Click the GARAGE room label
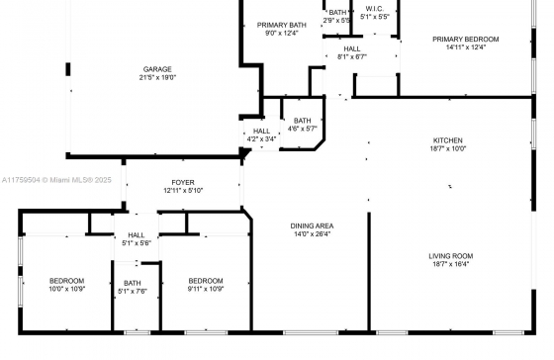click(157, 69)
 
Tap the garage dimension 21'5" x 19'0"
click(157, 77)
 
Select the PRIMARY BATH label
click(282, 25)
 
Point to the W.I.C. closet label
click(375, 9)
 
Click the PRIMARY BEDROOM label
click(466, 40)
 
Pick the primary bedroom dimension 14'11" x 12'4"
click(466, 47)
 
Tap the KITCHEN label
click(448, 140)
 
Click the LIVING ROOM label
click(451, 256)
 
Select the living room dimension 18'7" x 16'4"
click(451, 264)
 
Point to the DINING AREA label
click(312, 225)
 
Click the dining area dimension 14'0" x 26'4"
click(312, 233)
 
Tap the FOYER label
click(183, 183)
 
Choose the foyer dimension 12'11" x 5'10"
click(183, 191)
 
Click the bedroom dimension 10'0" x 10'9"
click(67, 289)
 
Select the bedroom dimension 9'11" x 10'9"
click(206, 289)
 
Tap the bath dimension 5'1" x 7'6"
click(133, 292)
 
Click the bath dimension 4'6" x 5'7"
click(303, 129)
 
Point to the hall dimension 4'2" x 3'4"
click(261, 139)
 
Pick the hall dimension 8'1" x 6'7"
click(352, 57)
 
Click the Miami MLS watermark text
click(56, 180)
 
